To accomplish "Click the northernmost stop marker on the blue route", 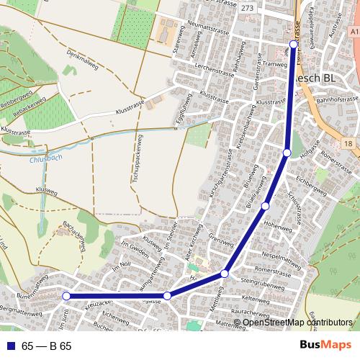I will point(294,45).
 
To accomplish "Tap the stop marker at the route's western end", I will point(66,296).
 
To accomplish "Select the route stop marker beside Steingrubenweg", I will point(225,274).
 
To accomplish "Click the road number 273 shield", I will point(247,8).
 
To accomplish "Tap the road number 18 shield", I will point(348,144).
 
